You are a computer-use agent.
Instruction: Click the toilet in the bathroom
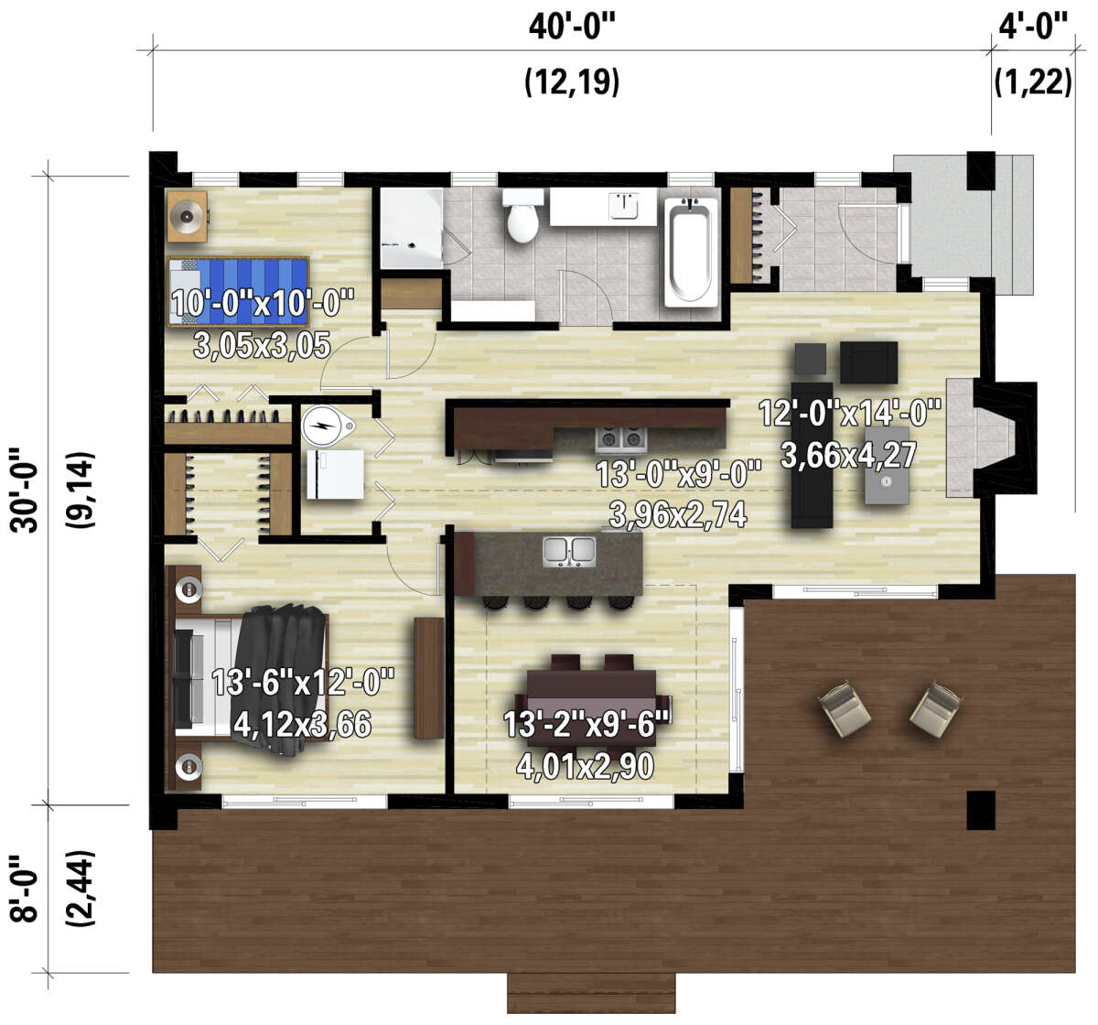tap(522, 216)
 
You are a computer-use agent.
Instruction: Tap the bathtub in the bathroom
tap(690, 253)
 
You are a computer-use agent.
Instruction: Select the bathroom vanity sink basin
tap(624, 206)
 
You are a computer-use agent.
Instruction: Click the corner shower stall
tap(411, 229)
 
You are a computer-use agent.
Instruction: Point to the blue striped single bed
tap(238, 292)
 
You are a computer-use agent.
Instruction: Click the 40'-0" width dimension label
tap(572, 27)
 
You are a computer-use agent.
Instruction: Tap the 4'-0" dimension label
tap(1033, 27)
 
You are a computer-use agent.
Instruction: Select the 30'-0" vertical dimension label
tap(25, 490)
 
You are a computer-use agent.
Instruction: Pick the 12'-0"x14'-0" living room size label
tap(850, 414)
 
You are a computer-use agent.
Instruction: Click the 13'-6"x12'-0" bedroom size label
tap(303, 682)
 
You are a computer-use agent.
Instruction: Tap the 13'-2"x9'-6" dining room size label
tap(587, 725)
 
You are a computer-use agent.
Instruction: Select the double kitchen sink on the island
tap(569, 552)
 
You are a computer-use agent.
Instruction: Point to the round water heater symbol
tap(328, 426)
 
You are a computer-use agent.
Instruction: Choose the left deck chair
tap(845, 708)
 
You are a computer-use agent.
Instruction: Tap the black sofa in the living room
tap(812, 455)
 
